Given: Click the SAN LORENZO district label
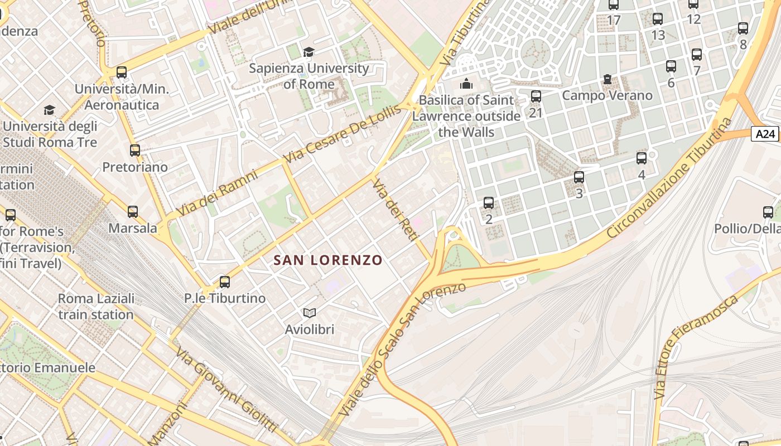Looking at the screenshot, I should point(328,260).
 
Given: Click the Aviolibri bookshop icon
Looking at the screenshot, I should point(309,313).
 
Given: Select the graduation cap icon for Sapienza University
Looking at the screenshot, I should point(308,52).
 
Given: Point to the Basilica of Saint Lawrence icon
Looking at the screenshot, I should point(466,84).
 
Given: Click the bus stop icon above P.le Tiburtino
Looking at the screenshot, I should point(225,282).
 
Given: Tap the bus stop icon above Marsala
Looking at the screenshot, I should point(132,212).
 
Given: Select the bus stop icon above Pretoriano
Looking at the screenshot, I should point(134,150).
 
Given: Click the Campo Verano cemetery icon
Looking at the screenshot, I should point(607,80).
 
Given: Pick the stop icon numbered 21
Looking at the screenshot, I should point(536,96).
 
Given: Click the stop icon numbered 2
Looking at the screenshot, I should point(489,202).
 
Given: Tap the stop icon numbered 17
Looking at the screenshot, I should point(614,5).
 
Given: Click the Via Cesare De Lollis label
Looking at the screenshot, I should point(343,134).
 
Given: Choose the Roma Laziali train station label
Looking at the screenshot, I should point(96,306).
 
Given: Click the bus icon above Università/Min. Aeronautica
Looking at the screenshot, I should point(121,72).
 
